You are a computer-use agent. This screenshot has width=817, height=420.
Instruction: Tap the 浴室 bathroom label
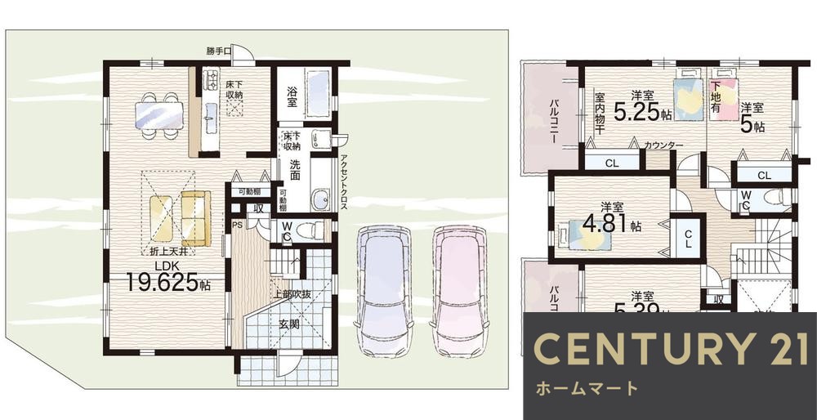[291, 93]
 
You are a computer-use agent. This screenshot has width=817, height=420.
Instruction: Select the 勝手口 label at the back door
[218, 51]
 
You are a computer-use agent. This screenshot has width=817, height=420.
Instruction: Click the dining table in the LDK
[159, 111]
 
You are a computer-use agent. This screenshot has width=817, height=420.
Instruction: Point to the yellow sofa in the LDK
[196, 217]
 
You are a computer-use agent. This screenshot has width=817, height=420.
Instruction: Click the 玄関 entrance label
[290, 324]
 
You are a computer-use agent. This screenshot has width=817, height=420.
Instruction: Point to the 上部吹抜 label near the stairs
[290, 293]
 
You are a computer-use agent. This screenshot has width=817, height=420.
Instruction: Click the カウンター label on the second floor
[663, 145]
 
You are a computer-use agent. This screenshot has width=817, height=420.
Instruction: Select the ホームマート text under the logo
[587, 388]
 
